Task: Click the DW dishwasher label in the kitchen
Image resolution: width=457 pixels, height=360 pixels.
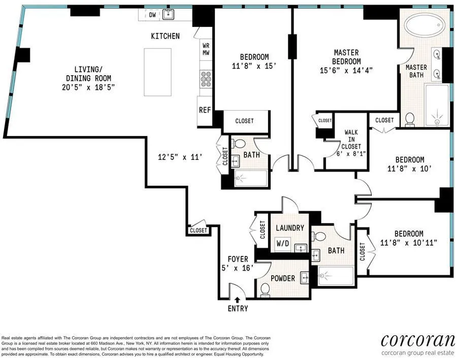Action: tap(152, 15)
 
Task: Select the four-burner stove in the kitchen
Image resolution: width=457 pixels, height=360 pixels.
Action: tap(206, 79)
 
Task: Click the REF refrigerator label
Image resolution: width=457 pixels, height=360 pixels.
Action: tap(205, 110)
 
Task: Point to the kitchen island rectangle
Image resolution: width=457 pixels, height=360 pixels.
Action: tap(157, 72)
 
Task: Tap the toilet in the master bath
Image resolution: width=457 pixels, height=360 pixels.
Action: tap(410, 119)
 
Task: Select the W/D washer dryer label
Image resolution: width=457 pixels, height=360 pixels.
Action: tap(283, 243)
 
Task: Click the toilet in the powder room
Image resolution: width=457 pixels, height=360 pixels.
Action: tap(265, 290)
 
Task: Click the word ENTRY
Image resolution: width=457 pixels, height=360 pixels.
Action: tap(238, 309)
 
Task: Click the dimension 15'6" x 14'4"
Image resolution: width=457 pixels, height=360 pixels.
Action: tap(346, 70)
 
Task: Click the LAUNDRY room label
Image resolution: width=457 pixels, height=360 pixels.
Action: tap(290, 228)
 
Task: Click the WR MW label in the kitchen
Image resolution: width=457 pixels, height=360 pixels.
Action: tap(206, 49)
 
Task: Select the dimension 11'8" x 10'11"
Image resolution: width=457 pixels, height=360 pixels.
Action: tap(408, 243)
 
